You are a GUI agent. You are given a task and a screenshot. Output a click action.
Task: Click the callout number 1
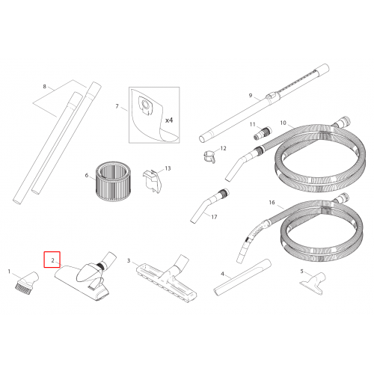click(9, 272)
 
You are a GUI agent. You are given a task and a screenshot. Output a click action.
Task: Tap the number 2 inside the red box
click(52, 260)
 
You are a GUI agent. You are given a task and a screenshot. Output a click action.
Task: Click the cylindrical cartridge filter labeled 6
click(113, 181)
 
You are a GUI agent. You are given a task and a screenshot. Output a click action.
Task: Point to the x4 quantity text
click(169, 120)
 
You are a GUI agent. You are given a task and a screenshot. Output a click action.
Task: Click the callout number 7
click(117, 106)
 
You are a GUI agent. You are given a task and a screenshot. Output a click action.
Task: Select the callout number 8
click(44, 87)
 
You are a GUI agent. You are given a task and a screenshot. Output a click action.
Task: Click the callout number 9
click(251, 95)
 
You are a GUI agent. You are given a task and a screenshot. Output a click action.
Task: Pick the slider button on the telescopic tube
click(272, 96)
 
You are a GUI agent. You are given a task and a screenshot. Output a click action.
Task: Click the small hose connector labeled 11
click(263, 133)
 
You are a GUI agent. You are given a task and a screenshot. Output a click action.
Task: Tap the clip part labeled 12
click(209, 157)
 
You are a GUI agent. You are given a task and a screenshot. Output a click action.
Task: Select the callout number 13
click(168, 168)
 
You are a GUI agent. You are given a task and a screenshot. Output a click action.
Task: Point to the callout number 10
click(283, 123)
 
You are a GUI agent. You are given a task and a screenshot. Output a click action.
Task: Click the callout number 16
click(272, 203)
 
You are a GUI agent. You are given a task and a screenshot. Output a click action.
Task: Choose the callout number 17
click(214, 217)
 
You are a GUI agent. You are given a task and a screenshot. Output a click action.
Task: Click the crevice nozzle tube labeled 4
click(242, 278)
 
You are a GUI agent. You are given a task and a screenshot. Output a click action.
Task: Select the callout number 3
click(129, 261)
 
